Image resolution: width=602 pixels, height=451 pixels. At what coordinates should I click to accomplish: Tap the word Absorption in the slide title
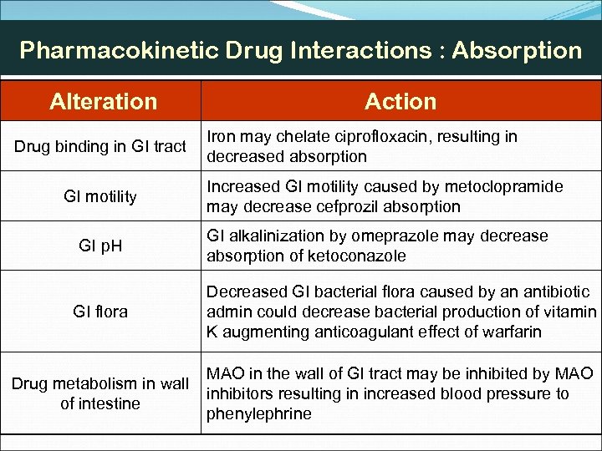click(517, 50)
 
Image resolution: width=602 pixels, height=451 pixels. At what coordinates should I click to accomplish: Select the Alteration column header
click(103, 102)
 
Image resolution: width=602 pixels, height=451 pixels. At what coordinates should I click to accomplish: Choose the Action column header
click(400, 102)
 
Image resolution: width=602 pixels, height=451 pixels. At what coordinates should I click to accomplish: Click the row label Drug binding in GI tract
click(100, 146)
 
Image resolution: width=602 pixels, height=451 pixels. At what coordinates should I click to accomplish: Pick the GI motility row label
click(100, 196)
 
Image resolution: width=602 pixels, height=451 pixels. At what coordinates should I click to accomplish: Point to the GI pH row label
click(100, 246)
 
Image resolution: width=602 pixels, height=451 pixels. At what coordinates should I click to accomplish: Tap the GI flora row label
click(100, 312)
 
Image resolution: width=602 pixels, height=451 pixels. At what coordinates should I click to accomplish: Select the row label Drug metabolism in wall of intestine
click(100, 393)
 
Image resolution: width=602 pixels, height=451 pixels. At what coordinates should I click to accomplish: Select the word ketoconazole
click(357, 256)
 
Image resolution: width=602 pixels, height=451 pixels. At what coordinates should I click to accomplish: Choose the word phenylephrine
click(259, 413)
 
